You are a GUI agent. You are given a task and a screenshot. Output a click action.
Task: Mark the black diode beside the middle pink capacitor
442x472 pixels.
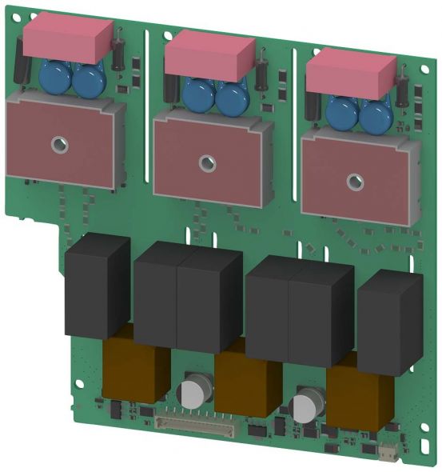pos(261,72)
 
